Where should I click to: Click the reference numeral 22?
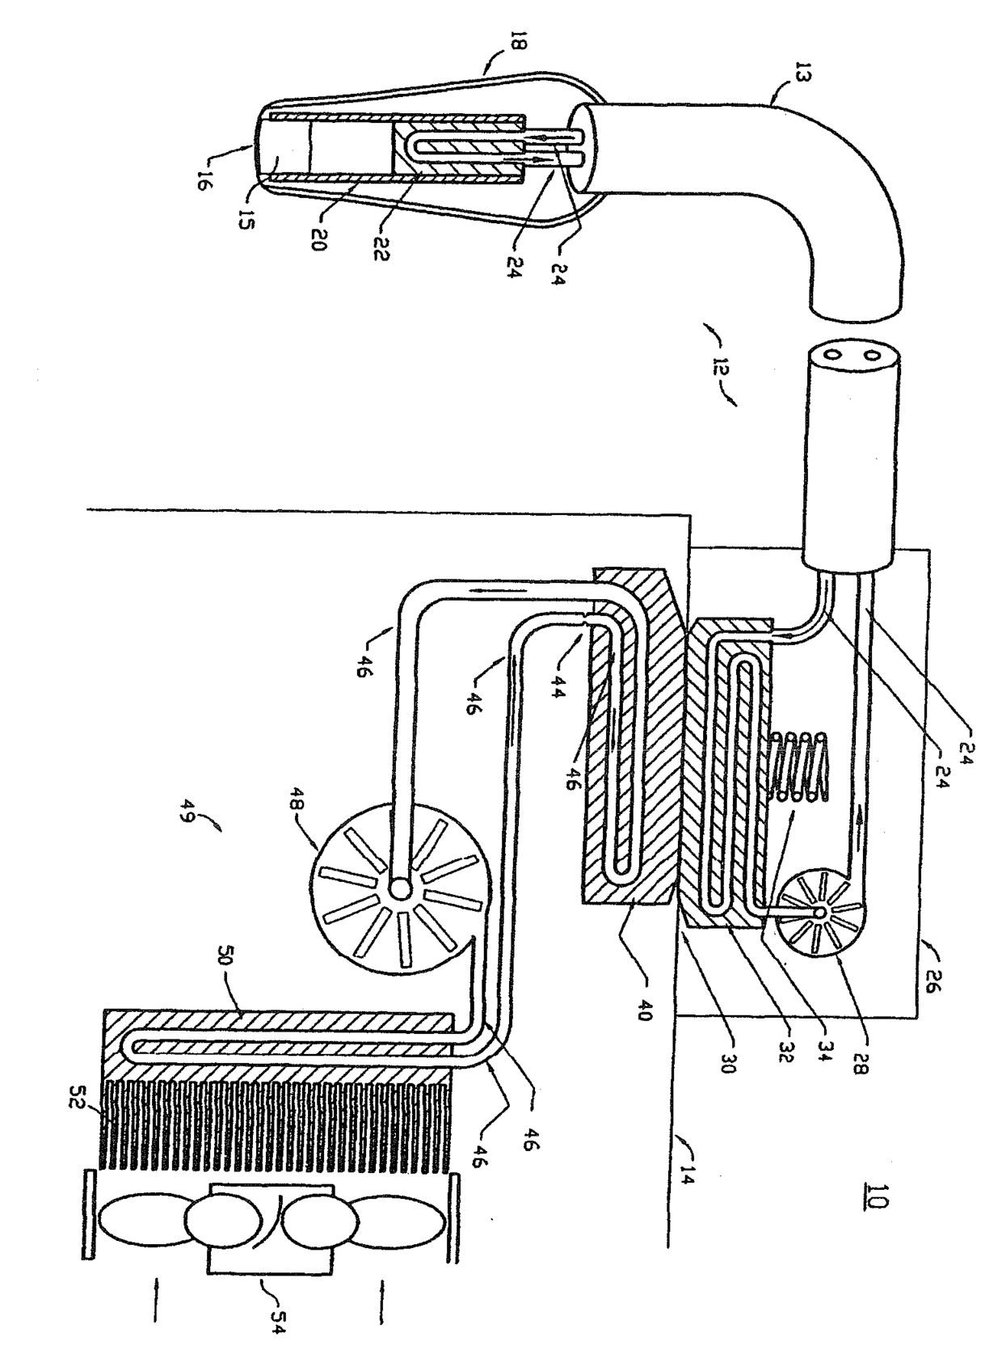(381, 251)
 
